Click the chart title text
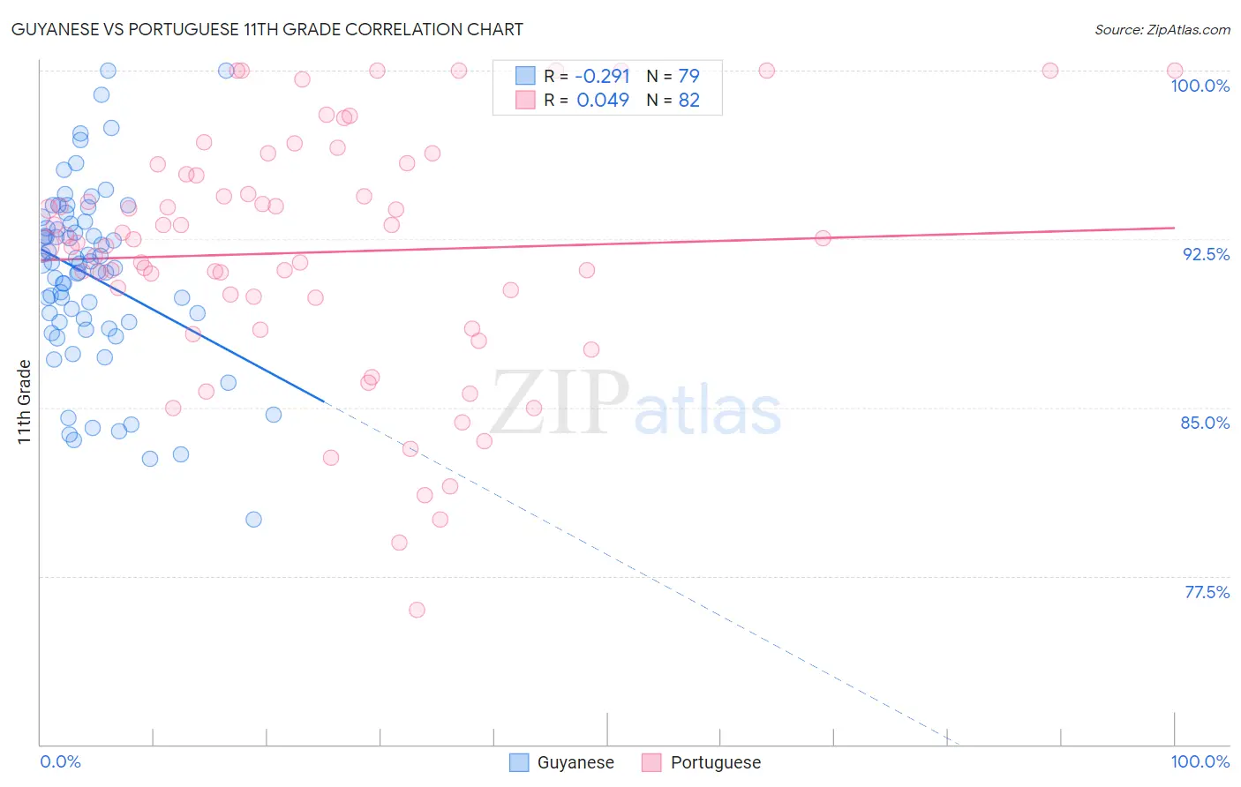click(x=267, y=29)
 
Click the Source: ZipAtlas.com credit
click(x=1162, y=29)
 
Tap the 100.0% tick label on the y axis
click(x=1200, y=86)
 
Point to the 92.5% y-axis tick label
click(x=1206, y=254)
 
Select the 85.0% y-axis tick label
click(x=1205, y=423)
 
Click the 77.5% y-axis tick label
click(x=1207, y=592)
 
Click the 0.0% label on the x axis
click(x=60, y=761)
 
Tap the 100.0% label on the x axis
click(x=1200, y=761)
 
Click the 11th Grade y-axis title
click(x=24, y=401)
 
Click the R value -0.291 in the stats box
click(x=602, y=76)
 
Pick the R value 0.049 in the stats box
click(x=602, y=101)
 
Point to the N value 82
click(x=688, y=101)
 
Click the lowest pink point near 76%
click(x=417, y=610)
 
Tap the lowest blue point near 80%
click(x=253, y=520)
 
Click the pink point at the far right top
click(x=1174, y=71)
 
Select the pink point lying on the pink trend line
click(x=823, y=238)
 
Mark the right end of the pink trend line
click(x=1174, y=228)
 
